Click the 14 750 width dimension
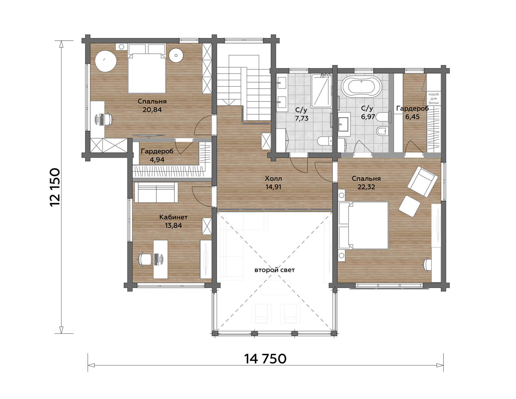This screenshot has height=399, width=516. (x=265, y=359)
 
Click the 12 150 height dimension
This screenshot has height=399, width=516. (x=55, y=187)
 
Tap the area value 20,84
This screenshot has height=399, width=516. (x=152, y=110)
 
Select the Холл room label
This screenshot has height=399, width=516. (x=273, y=178)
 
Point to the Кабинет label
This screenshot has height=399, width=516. (x=174, y=217)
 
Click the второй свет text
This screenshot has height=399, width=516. (x=274, y=270)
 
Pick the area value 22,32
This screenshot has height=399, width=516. (x=366, y=187)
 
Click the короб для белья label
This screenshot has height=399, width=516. (x=434, y=98)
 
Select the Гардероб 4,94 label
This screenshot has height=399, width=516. (x=157, y=155)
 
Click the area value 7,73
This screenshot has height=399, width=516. (x=302, y=118)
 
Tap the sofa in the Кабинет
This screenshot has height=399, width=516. (x=156, y=192)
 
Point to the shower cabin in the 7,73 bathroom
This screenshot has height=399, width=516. (x=322, y=91)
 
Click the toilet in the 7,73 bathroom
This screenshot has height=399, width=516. (x=325, y=141)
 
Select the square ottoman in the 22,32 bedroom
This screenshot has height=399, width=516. (x=409, y=206)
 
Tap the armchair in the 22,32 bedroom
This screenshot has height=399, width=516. (x=423, y=181)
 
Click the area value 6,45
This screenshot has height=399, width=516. (x=412, y=117)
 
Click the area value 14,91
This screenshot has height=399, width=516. (x=273, y=187)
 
